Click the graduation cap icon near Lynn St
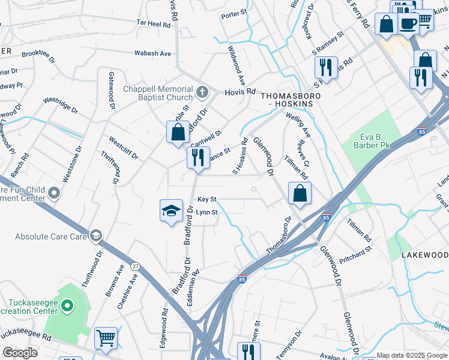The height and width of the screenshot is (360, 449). pos(171,211)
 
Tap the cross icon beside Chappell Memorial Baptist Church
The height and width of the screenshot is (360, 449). pos(203,94)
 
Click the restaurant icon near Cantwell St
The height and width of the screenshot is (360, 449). pos(197,158)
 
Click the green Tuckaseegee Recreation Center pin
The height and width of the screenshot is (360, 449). pos(67,308)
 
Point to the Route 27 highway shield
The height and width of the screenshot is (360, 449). pos(136,266)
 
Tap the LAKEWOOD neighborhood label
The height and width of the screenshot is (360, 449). pos(425,255)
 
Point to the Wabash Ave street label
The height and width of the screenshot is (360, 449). pos(152,53)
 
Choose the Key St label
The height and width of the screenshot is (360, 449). pos(206,199)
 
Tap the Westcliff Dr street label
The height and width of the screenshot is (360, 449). pos(124,148)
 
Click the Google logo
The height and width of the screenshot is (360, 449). pos(20,353)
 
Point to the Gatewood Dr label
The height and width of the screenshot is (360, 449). pos(112,91)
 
